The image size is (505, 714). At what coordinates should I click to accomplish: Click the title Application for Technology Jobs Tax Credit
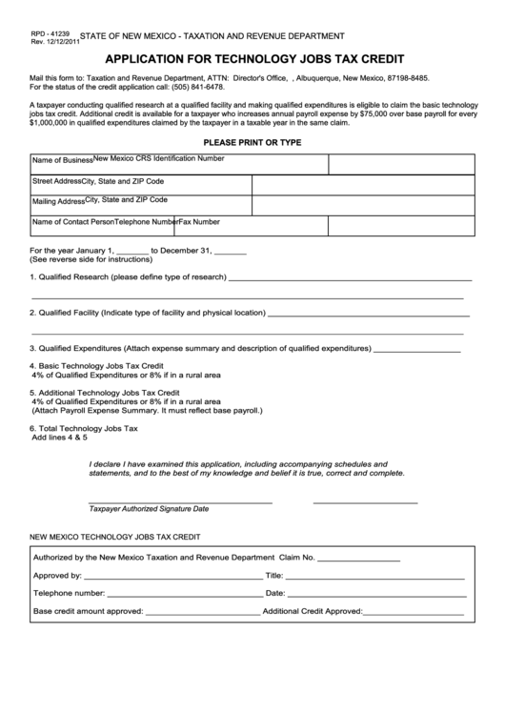pyautogui.click(x=252, y=57)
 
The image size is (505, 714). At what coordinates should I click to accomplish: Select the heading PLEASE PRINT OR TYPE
pyautogui.click(x=252, y=142)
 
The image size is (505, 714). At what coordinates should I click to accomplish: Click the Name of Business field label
pyautogui.click(x=62, y=160)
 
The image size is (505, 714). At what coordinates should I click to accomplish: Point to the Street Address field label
pyautogui.click(x=57, y=180)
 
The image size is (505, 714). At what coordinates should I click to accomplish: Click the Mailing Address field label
pyautogui.click(x=58, y=202)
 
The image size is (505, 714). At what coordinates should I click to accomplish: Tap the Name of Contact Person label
pyautogui.click(x=73, y=222)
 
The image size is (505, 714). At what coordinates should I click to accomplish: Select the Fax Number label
pyautogui.click(x=200, y=222)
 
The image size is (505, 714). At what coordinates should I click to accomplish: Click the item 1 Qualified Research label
pyautogui.click(x=127, y=278)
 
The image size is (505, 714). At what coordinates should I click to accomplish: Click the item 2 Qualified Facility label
pyautogui.click(x=147, y=313)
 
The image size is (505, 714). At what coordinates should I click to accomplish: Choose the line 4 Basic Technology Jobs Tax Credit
pyautogui.click(x=97, y=366)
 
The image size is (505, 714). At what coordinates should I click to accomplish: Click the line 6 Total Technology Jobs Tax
pyautogui.click(x=85, y=429)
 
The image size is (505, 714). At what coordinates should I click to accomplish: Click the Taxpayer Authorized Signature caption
pyautogui.click(x=148, y=508)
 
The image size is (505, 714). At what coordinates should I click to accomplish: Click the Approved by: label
pyautogui.click(x=57, y=576)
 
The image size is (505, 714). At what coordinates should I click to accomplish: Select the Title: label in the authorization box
pyautogui.click(x=273, y=576)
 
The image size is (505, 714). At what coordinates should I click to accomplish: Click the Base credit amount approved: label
pyautogui.click(x=88, y=611)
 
